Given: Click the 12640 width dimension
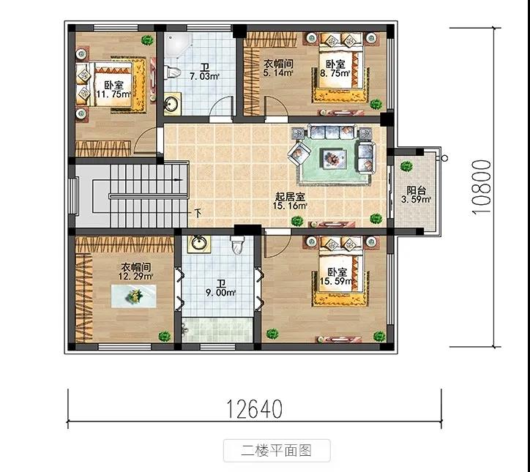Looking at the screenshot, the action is [254, 408].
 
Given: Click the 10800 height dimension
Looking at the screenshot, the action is [482, 187].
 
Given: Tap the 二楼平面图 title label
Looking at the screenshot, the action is [276, 450].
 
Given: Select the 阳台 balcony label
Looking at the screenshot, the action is [416, 190].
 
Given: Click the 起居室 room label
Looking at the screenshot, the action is [291, 197].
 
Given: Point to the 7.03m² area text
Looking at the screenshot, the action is [204, 76].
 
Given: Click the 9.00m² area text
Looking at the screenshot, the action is [221, 293].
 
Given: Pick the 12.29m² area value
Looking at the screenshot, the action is [135, 276].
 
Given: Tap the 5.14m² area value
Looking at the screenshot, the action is [278, 72].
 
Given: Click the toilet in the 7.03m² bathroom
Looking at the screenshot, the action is [172, 72].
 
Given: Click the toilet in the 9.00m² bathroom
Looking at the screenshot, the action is [237, 244].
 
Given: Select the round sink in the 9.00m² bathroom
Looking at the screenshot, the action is [199, 243].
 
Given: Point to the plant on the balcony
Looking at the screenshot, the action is [406, 166].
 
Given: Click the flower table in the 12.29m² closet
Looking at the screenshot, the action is [134, 296].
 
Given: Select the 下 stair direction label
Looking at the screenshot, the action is [198, 213].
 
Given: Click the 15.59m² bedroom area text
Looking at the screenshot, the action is [336, 281].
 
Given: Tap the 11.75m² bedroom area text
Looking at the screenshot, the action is [113, 94].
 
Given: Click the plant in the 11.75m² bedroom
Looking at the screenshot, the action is [147, 40].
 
